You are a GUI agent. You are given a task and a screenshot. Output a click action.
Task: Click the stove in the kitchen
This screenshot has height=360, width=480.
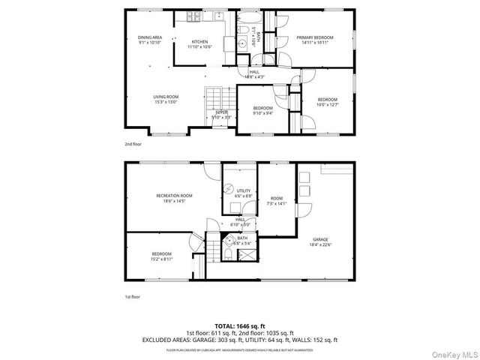pos(193,17)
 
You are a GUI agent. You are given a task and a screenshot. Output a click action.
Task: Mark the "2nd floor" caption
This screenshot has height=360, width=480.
pos(133,143)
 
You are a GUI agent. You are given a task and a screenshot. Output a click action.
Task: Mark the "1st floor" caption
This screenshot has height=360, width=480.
pos(133,297)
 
